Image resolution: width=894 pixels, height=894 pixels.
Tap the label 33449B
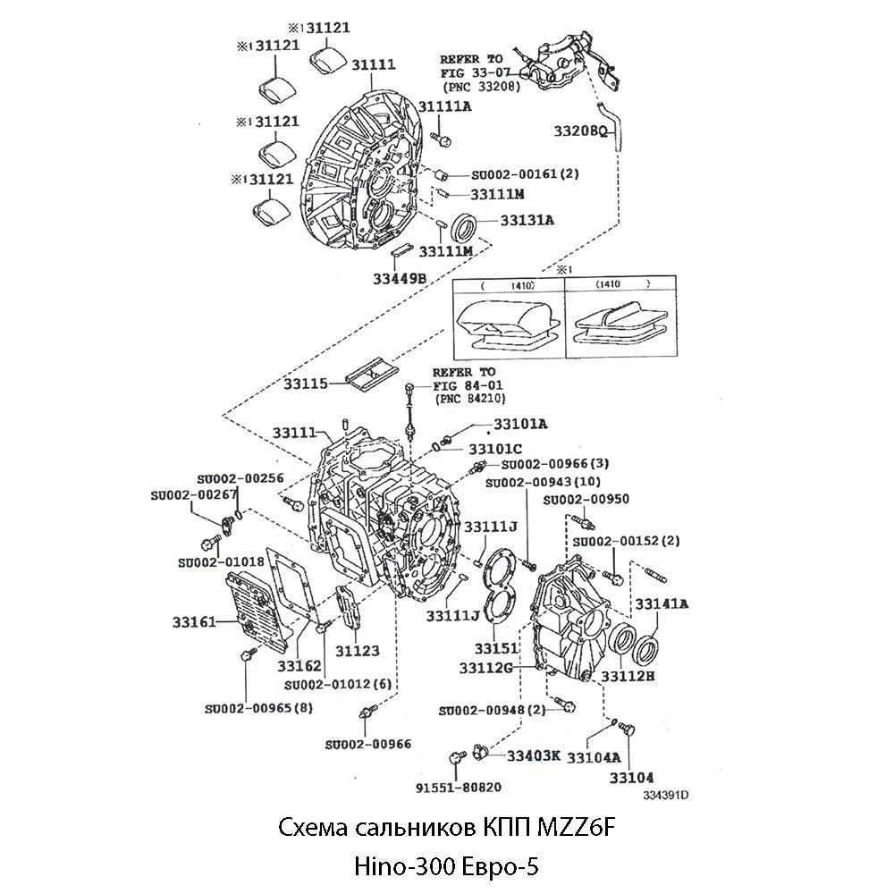coord(400,279)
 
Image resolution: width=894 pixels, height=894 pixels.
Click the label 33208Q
coord(580,131)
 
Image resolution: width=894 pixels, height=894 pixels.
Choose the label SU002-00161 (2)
coord(512,173)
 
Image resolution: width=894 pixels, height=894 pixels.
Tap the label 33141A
coord(662,603)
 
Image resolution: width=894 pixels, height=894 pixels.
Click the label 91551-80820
coord(458,788)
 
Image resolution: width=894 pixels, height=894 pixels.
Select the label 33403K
coord(533,755)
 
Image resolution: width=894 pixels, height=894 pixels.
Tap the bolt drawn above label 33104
coord(627,733)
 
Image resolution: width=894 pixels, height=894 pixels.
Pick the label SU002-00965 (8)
coord(258,708)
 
